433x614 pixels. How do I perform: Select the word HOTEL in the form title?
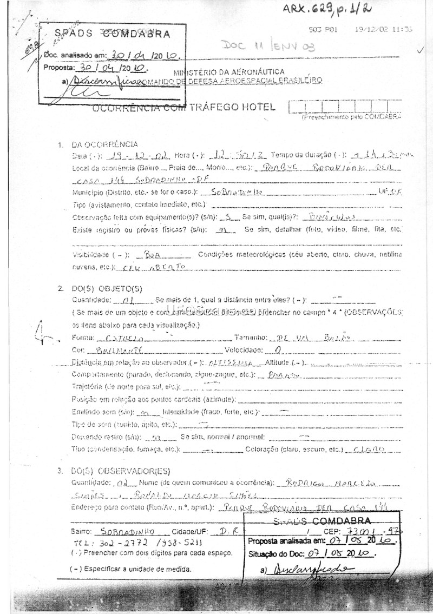(x=253, y=107)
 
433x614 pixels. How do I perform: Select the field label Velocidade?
(x=243, y=349)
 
